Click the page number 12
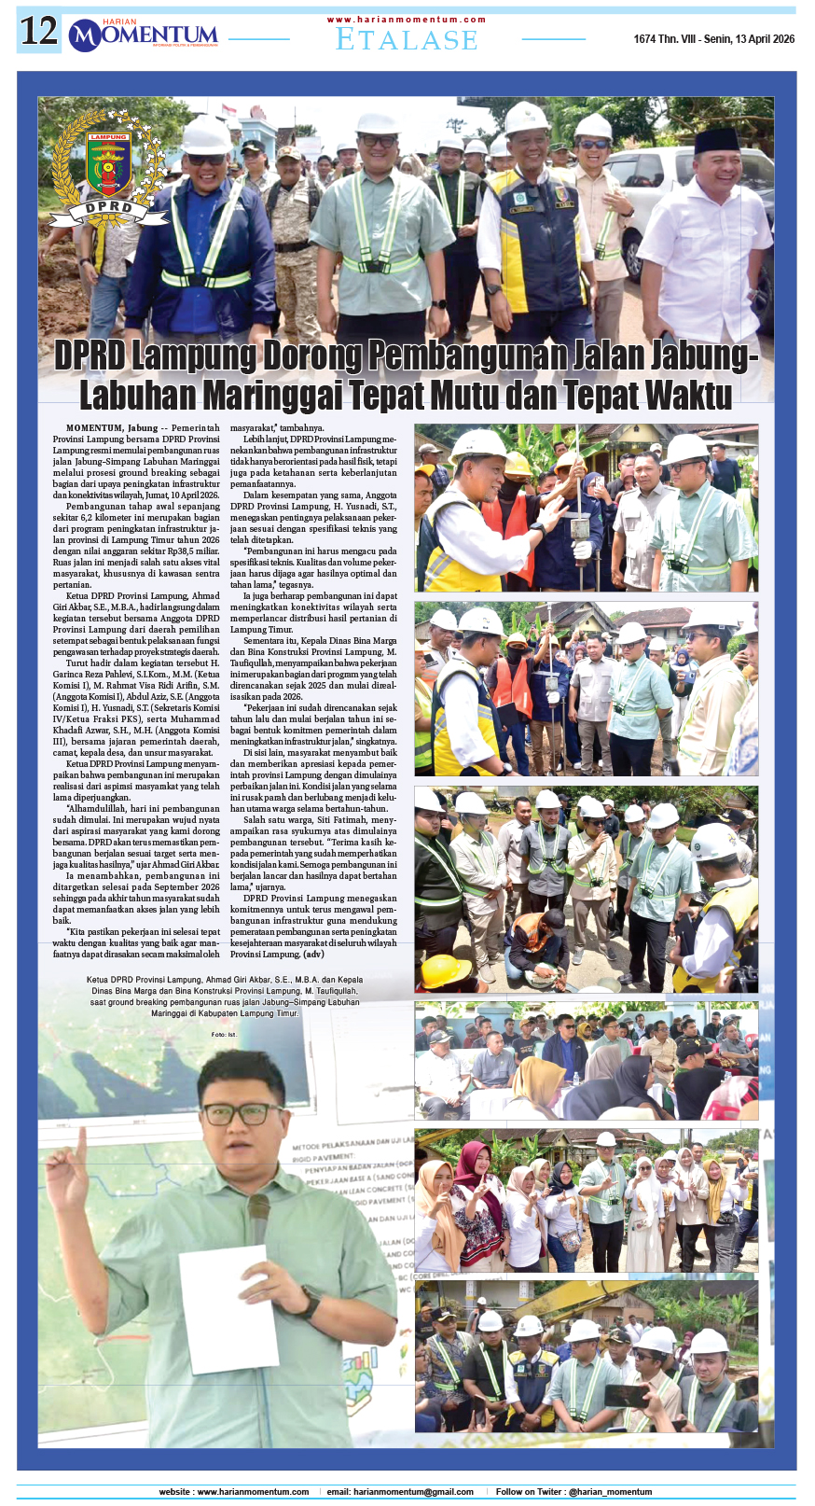[39, 33]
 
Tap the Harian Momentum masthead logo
[144, 35]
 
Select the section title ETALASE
[407, 40]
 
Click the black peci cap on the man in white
[717, 140]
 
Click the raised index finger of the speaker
[81, 1144]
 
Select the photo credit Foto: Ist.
[224, 1035]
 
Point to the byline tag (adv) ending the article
[314, 955]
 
